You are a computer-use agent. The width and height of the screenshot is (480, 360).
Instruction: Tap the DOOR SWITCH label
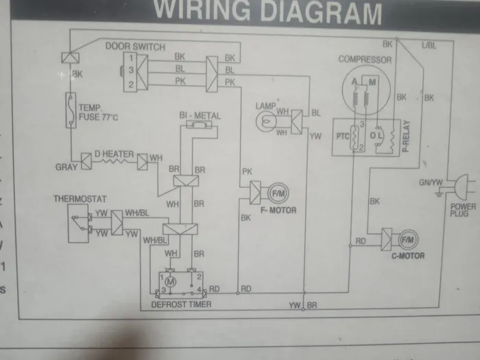click(x=135, y=47)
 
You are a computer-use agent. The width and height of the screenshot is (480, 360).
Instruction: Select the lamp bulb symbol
click(x=265, y=121)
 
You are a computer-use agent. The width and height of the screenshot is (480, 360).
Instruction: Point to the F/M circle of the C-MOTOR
click(x=407, y=240)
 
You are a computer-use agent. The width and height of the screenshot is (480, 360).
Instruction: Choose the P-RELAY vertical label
click(x=406, y=135)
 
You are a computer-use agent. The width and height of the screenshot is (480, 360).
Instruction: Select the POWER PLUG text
click(x=463, y=211)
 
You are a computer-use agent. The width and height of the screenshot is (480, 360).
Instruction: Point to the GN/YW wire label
click(x=432, y=183)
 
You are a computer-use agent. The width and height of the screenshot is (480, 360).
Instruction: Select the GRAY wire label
click(x=67, y=167)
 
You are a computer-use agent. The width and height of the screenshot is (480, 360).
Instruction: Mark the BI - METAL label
click(x=200, y=116)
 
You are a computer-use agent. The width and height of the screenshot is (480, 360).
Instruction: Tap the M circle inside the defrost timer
click(x=172, y=281)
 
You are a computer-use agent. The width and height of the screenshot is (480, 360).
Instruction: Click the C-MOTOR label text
click(x=407, y=256)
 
